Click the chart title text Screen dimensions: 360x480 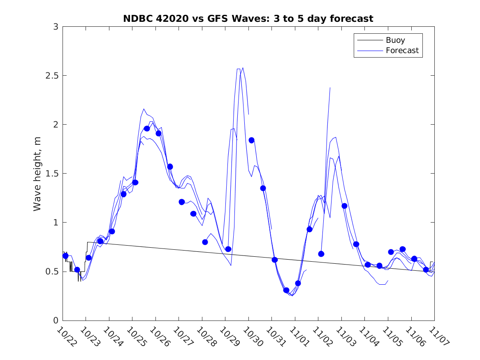[248, 19]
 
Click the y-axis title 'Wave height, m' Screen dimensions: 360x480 [37, 174]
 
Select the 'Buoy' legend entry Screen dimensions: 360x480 [395, 40]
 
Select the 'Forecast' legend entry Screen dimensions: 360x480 [402, 51]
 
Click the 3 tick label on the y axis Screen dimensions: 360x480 [55, 27]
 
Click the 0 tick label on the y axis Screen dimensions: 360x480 [55, 321]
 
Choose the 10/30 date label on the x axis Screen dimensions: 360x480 [250, 336]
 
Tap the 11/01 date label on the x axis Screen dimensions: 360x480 [297, 336]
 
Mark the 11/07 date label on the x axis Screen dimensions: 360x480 [436, 336]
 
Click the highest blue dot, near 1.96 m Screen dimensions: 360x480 [147, 128]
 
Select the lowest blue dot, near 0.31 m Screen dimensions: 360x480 [286, 290]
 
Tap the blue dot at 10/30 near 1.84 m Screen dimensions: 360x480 [251, 140]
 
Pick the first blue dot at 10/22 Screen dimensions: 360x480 [65, 255]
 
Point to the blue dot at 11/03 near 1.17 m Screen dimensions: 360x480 [344, 206]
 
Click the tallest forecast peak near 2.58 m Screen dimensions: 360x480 [243, 67]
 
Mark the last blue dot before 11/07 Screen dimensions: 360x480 [426, 269]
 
